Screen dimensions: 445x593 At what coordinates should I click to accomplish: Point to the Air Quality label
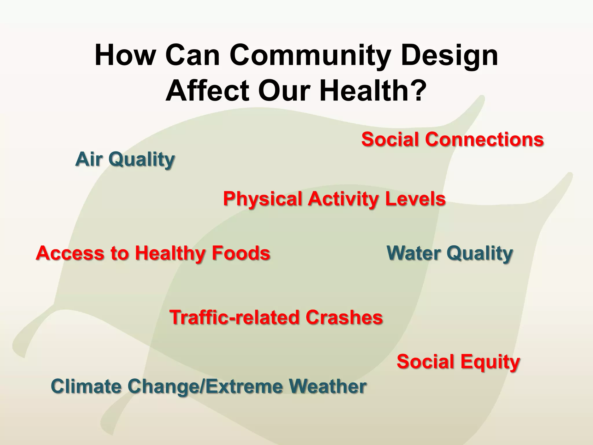pyautogui.click(x=125, y=159)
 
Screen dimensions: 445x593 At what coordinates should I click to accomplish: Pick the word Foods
pyautogui.click(x=241, y=253)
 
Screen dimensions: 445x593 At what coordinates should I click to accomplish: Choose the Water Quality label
pyautogui.click(x=450, y=253)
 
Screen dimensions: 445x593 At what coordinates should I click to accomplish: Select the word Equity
pyautogui.click(x=490, y=362)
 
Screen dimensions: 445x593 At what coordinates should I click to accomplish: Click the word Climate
pyautogui.click(x=86, y=386)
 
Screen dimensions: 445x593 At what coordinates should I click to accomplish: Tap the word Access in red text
pyautogui.click(x=70, y=253)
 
